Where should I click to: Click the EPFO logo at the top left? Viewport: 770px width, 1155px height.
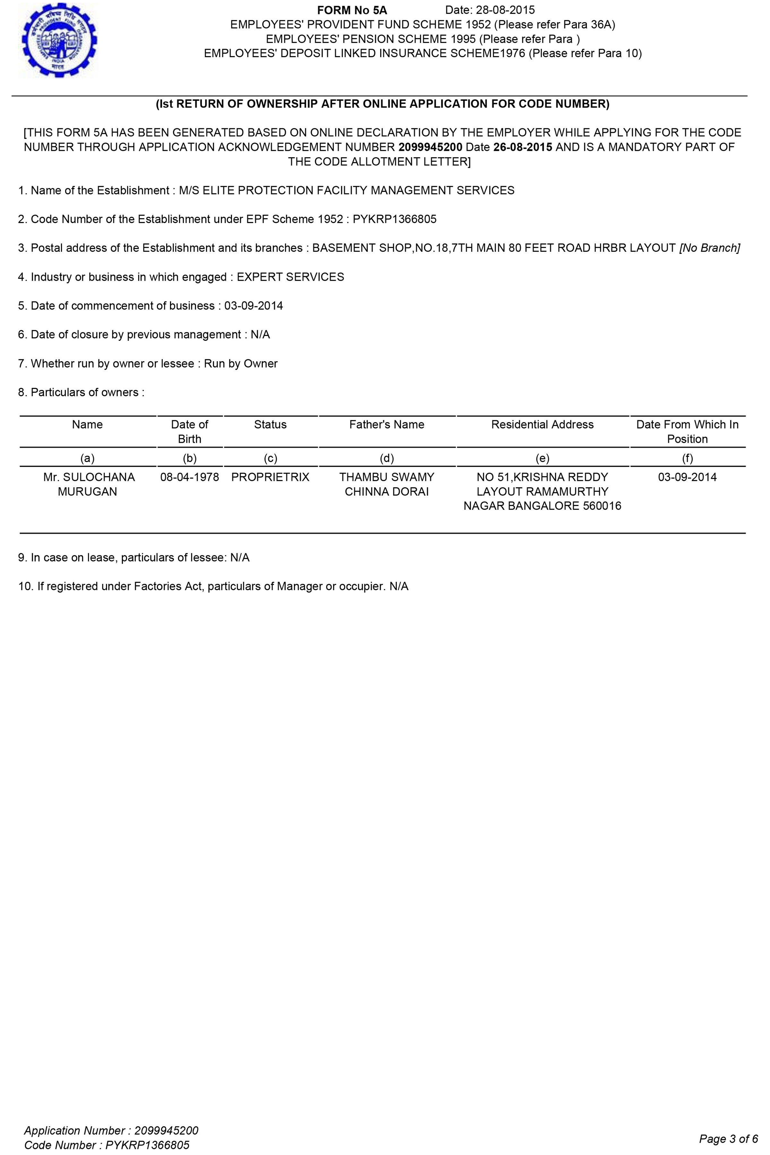coord(58,40)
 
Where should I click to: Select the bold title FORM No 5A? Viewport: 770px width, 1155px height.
coord(352,10)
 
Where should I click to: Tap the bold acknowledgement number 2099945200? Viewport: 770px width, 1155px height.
coord(430,147)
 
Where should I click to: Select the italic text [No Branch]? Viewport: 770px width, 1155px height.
coord(710,248)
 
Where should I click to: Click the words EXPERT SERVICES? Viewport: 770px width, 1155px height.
coord(290,277)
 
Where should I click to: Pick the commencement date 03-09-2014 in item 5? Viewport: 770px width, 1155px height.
coord(253,306)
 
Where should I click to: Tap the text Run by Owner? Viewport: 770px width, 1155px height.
coord(241,364)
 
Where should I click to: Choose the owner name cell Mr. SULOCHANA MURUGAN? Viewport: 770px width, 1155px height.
coord(87,484)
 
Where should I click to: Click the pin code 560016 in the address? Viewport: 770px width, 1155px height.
coord(602,506)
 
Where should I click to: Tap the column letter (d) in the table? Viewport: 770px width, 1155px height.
coord(387,458)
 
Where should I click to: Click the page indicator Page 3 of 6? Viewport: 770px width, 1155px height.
coord(728,1139)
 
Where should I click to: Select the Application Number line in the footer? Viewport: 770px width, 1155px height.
coord(111,1130)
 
